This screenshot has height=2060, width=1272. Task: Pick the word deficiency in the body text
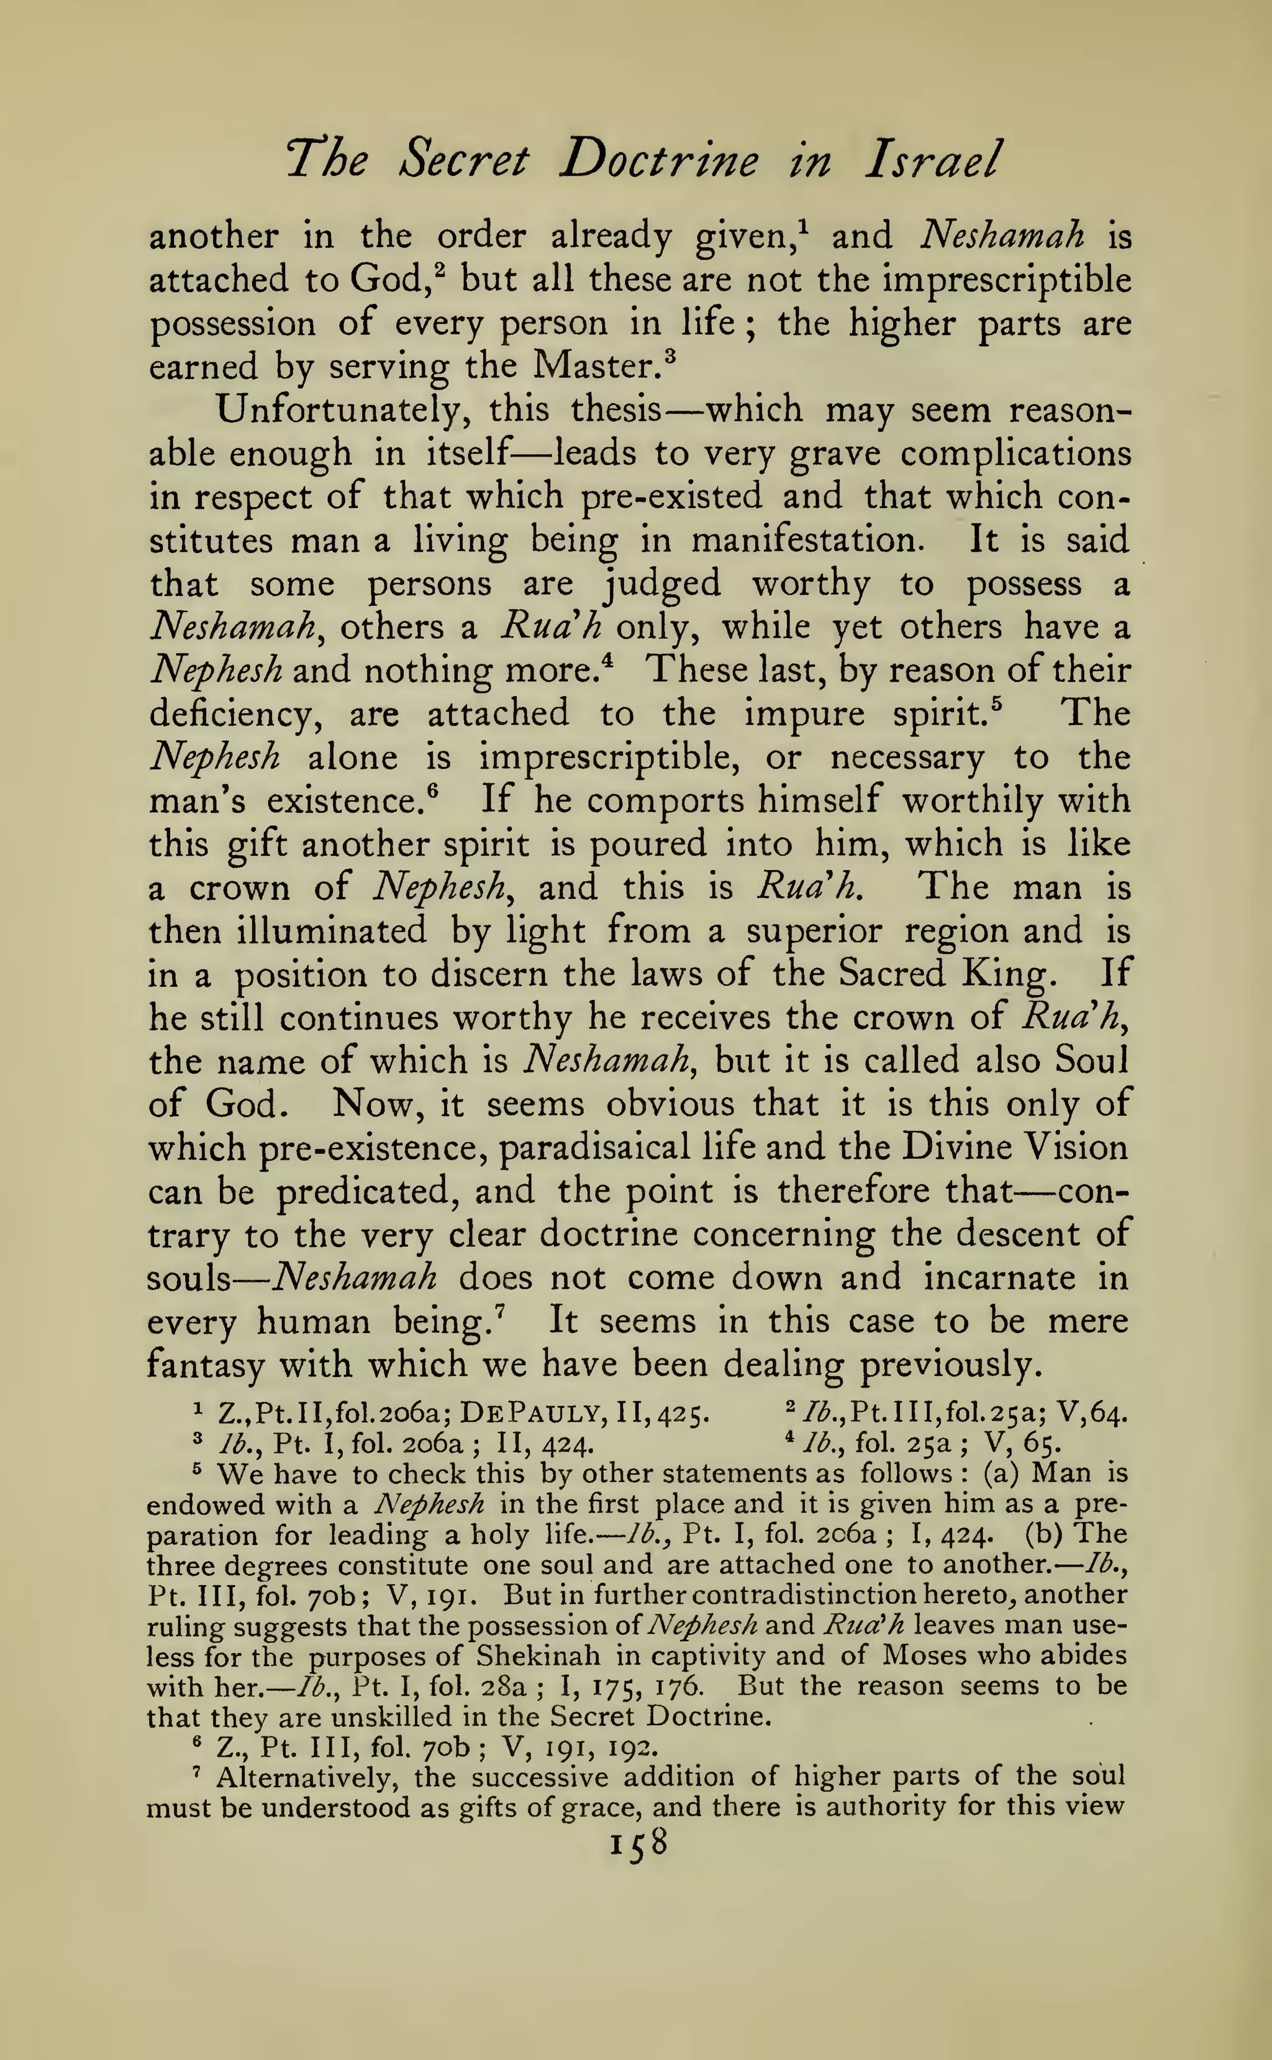(235, 715)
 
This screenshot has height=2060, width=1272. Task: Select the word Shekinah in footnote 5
(538, 1656)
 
